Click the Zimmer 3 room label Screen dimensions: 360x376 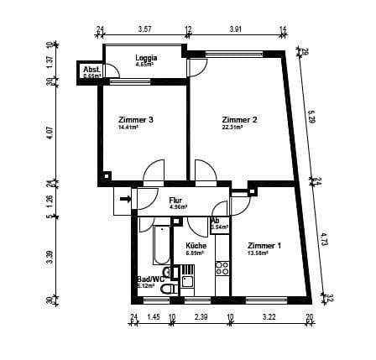pyautogui.click(x=135, y=119)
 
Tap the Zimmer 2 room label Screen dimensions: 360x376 pyautogui.click(x=239, y=119)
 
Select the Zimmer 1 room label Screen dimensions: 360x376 pyautogui.click(x=264, y=245)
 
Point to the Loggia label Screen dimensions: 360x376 pyautogui.click(x=146, y=57)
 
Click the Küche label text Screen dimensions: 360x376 pyautogui.click(x=196, y=245)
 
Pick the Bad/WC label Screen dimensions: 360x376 pyautogui.click(x=150, y=279)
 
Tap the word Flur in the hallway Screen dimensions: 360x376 pyautogui.click(x=175, y=200)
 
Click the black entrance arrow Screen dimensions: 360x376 pyautogui.click(x=124, y=199)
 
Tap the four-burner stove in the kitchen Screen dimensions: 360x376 pyautogui.click(x=223, y=269)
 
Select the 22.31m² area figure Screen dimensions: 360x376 pyautogui.click(x=232, y=128)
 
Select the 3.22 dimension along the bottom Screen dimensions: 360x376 pyautogui.click(x=269, y=318)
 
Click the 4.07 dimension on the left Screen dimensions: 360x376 pyautogui.click(x=50, y=132)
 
